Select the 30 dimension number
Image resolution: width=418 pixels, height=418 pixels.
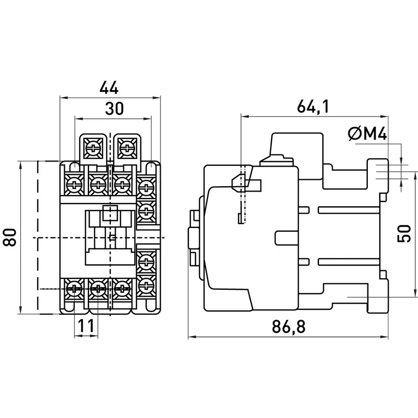click(114, 109)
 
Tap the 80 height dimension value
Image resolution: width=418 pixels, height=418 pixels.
click(10, 237)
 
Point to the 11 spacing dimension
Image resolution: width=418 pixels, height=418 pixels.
click(86, 326)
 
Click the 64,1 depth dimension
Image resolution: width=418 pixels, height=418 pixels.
click(313, 106)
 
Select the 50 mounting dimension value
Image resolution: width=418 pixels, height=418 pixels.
click(404, 234)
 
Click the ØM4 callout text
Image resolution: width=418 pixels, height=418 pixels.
click(367, 134)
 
